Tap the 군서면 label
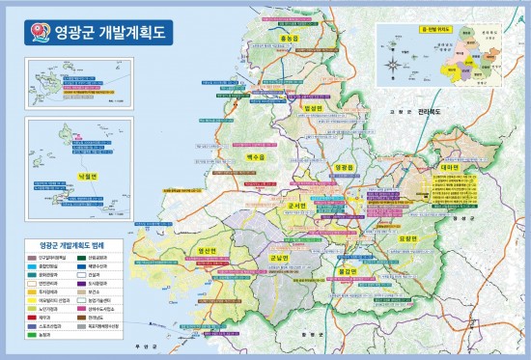296,206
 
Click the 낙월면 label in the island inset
66,179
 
